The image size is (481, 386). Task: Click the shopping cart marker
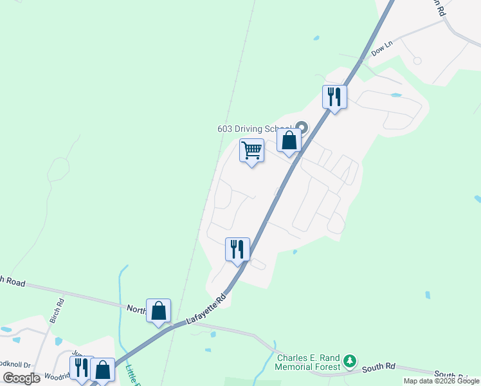coord(251,151)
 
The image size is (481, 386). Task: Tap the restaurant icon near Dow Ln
coord(334,97)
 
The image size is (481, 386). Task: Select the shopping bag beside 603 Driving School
coord(289,140)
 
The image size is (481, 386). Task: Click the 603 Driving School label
coord(255,129)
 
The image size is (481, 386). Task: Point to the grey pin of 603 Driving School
coord(302,127)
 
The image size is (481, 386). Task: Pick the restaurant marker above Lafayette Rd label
coord(237,249)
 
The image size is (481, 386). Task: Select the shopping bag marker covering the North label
coord(158,311)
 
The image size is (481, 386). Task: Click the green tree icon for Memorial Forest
coord(349,360)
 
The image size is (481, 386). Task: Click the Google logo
coord(22,378)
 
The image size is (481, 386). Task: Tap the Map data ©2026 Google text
coord(441,381)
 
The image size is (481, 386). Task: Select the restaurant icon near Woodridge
coord(82,367)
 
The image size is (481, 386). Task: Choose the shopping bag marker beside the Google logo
coord(103,369)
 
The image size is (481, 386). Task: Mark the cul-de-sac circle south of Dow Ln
coord(417,60)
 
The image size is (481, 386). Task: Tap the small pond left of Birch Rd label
coord(15,339)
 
